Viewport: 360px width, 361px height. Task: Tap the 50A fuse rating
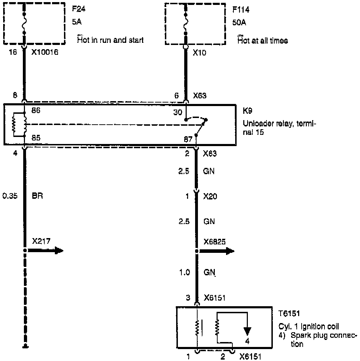coord(239,23)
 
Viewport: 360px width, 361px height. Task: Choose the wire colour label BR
coord(37,196)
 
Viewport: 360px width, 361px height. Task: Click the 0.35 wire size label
coord(9,196)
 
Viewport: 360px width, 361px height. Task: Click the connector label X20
coord(210,196)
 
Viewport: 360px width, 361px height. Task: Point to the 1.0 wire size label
coord(185,272)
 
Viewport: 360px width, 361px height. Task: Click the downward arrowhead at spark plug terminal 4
coord(248,330)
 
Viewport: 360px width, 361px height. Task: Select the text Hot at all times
coord(263,41)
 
